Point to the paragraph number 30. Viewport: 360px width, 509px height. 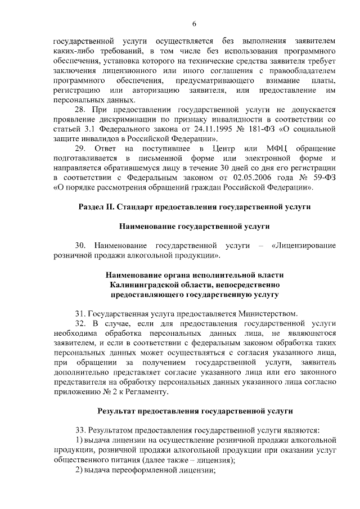click(81, 245)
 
